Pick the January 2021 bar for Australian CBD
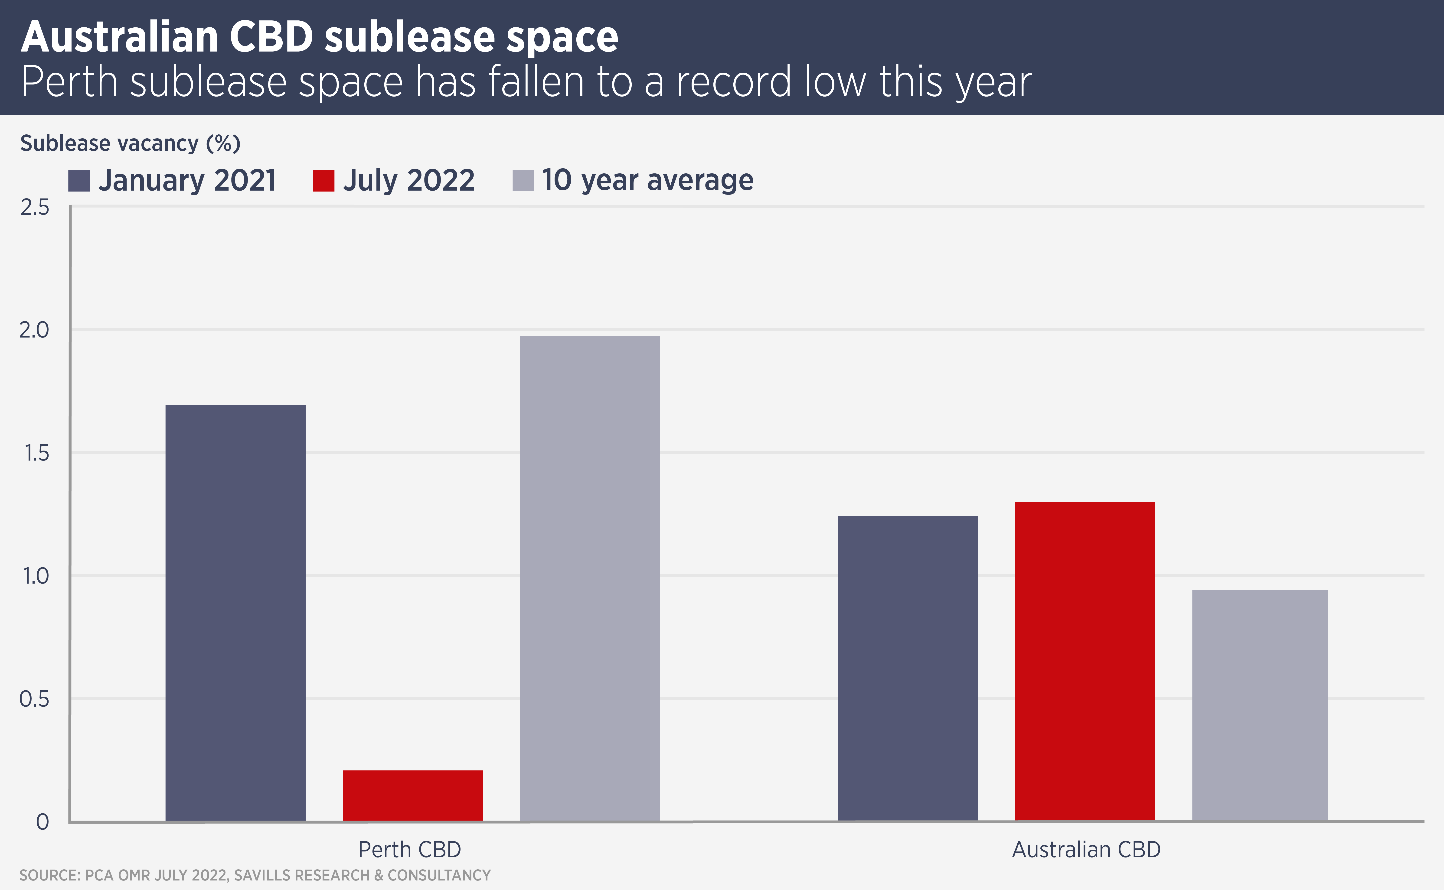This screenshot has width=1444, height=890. click(907, 668)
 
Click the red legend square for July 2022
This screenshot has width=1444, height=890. click(323, 181)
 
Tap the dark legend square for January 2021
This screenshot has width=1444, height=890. click(79, 181)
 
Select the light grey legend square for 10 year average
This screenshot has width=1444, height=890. click(523, 181)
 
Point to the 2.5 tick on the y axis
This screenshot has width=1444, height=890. click(35, 207)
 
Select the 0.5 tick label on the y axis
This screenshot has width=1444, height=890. click(34, 699)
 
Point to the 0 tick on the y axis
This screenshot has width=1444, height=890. click(42, 822)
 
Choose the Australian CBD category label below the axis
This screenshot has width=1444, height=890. click(1086, 849)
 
